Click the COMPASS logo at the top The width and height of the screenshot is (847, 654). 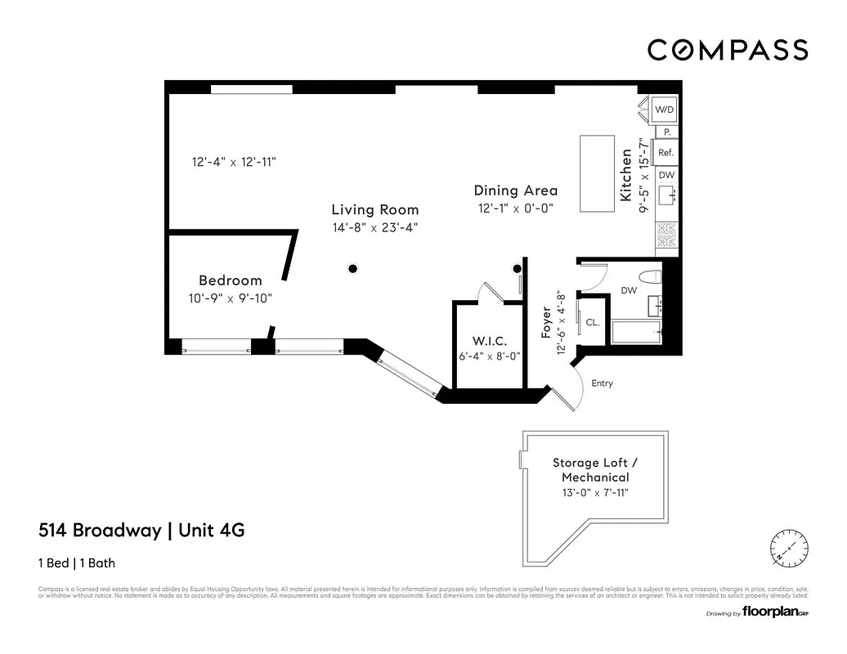tap(728, 50)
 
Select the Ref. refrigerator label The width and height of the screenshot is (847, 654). tap(665, 153)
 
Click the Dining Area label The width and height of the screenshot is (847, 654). tap(515, 190)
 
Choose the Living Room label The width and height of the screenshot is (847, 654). tap(374, 210)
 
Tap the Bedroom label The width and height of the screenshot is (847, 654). tap(231, 280)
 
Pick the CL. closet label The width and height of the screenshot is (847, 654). tap(593, 322)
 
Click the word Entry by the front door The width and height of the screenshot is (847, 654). tap(602, 383)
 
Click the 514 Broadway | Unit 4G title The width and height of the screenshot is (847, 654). tap(141, 531)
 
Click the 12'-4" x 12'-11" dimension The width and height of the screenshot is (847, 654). tap(234, 162)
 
